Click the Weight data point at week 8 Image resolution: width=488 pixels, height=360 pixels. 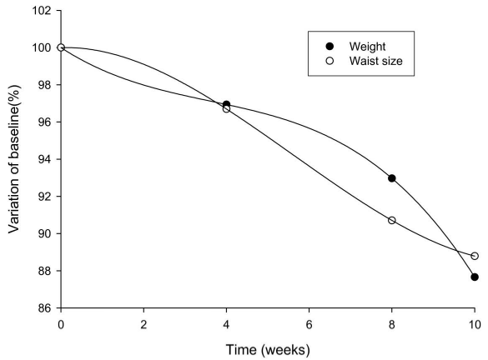point(392,178)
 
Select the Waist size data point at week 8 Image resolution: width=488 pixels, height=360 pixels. point(392,220)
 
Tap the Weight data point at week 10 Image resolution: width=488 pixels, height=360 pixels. point(475,277)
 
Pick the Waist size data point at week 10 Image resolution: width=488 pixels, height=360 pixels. point(475,256)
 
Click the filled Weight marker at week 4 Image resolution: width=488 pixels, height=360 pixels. point(227,104)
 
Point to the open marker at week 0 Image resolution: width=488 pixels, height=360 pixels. point(61,47)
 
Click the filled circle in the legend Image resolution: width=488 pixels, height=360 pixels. point(330,47)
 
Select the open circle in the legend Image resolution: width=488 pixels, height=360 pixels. point(330,61)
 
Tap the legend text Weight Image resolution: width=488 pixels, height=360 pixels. point(367,47)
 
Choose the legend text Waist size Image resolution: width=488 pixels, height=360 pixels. point(375,61)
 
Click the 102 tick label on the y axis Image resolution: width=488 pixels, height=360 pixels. point(42,11)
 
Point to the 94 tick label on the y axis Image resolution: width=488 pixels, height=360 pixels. point(44,159)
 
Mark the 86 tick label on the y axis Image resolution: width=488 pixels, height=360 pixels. point(44,308)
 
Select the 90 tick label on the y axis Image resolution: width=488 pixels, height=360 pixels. point(44,234)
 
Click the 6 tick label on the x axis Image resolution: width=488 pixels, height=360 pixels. point(309,325)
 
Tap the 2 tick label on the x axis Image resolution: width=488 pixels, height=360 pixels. point(143,325)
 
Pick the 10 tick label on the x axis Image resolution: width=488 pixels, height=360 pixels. point(475,325)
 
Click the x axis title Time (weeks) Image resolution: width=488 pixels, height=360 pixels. point(268,350)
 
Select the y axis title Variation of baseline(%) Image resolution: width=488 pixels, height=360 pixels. point(14,159)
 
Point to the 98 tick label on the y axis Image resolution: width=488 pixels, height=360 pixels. point(44,85)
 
